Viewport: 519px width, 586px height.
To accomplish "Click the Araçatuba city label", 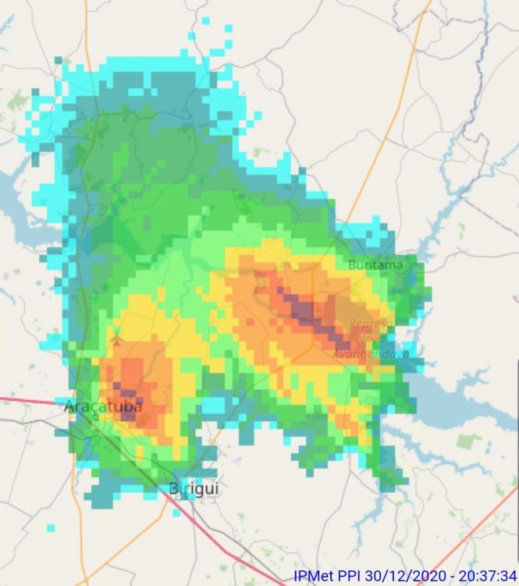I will click(102, 406).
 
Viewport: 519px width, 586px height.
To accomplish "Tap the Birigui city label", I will click(194, 489).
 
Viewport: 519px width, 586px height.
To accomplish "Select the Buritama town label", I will click(375, 265).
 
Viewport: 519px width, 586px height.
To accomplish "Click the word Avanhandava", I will click(360, 353).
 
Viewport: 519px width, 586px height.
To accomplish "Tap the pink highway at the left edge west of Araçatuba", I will click(23, 400).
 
